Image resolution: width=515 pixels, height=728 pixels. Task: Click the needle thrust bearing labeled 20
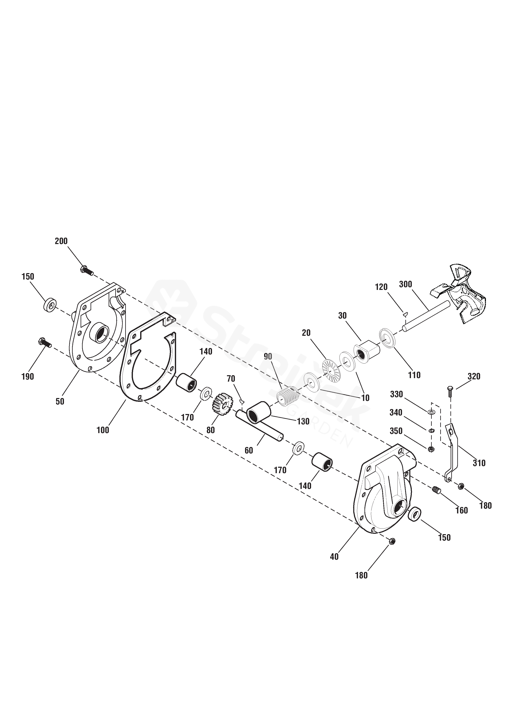point(331,369)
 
